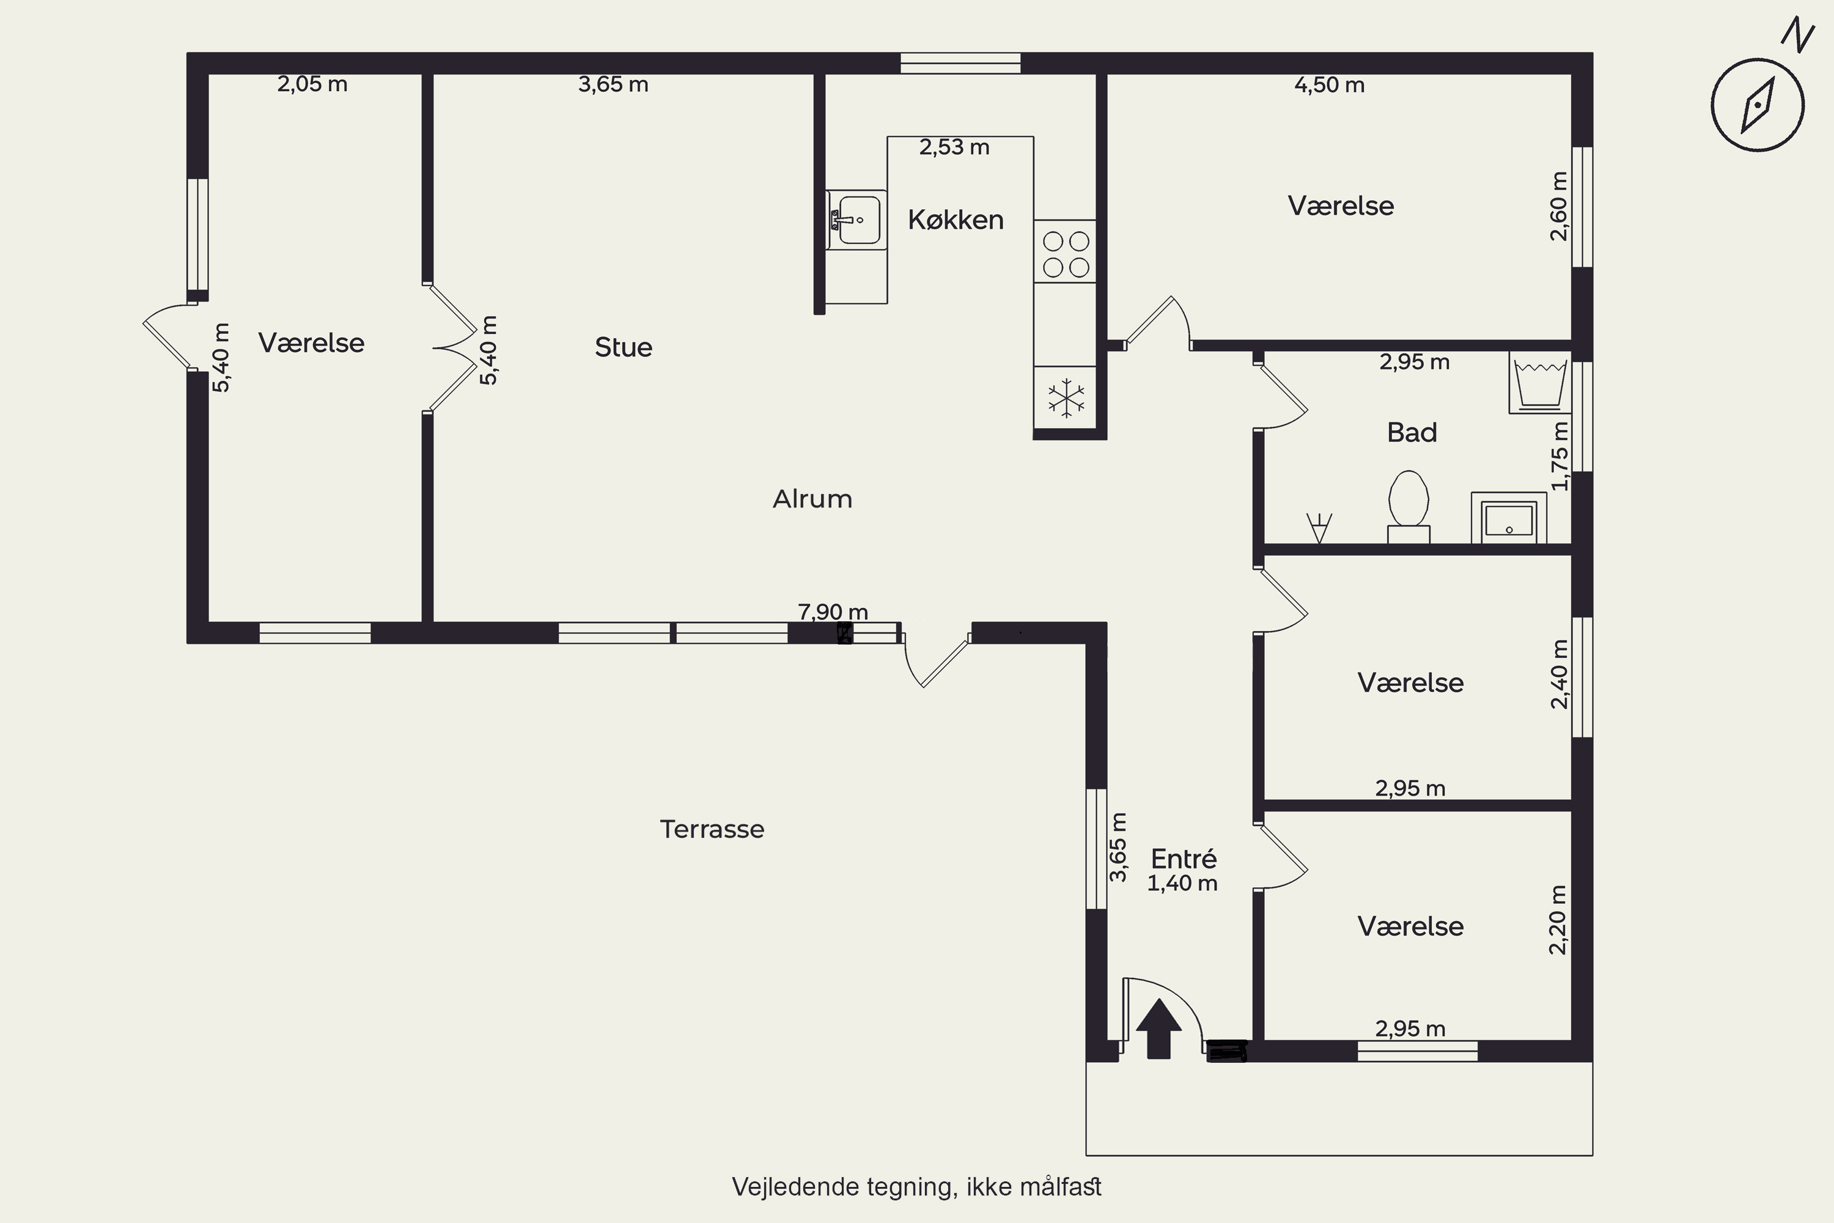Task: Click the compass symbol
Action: point(1758,105)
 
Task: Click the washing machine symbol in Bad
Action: point(1540,382)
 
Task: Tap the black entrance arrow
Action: point(1158,1028)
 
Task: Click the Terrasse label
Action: point(712,829)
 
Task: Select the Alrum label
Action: point(812,499)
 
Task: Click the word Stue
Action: point(623,347)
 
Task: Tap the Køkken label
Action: point(955,220)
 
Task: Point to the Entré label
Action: point(1184,859)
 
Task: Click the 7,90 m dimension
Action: point(833,612)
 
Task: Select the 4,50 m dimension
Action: point(1330,85)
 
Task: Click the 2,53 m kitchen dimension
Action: point(954,147)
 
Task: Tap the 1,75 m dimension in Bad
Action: point(1559,456)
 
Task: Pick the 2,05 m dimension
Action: point(312,84)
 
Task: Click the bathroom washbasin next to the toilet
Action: point(1509,518)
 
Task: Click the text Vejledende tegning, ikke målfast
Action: point(916,1187)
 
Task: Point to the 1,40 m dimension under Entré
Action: point(1182,884)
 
